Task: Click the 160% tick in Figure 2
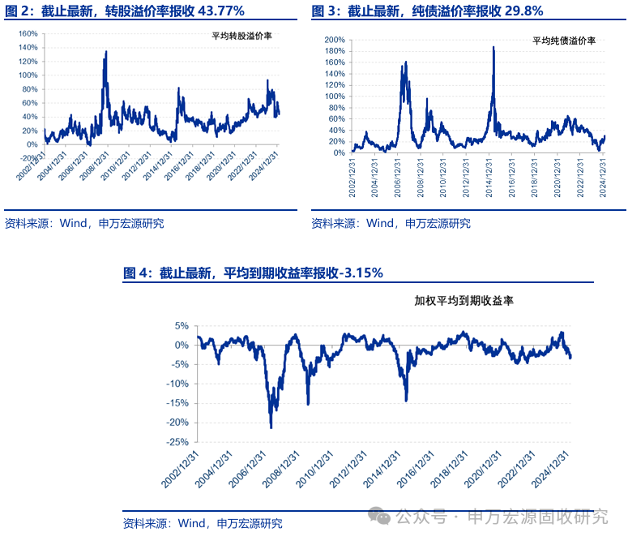tap(28, 34)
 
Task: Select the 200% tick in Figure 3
tap(335, 39)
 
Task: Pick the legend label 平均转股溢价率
tap(241, 37)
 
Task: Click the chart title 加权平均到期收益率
tap(464, 300)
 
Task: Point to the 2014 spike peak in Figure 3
tap(493, 47)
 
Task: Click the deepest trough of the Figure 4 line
tap(271, 427)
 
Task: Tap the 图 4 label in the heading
tap(137, 273)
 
